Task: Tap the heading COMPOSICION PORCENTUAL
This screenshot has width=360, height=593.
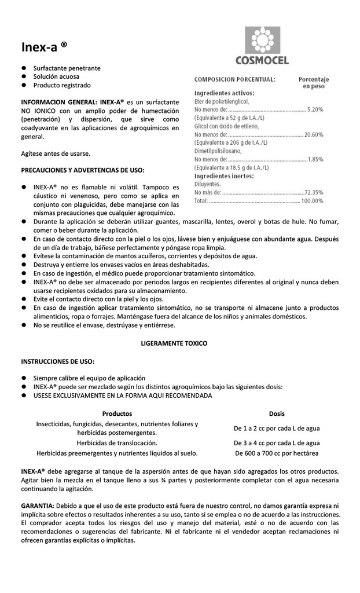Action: (234, 79)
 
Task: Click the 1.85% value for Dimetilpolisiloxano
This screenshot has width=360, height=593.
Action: (315, 159)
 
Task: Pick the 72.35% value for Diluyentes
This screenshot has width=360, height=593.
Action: (314, 192)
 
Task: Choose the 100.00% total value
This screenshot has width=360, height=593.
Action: (312, 200)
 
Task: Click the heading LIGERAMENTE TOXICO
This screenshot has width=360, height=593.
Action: (174, 343)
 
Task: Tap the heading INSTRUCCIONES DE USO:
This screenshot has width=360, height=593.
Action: (58, 361)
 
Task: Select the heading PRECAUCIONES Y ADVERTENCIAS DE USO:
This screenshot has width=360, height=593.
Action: (83, 170)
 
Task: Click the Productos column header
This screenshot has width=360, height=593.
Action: (117, 413)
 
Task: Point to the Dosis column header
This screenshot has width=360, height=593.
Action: (277, 413)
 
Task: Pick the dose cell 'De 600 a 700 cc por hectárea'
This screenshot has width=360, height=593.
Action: (277, 453)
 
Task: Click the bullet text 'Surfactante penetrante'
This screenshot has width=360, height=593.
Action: (67, 68)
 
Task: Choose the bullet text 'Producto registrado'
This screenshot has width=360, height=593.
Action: (62, 85)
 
